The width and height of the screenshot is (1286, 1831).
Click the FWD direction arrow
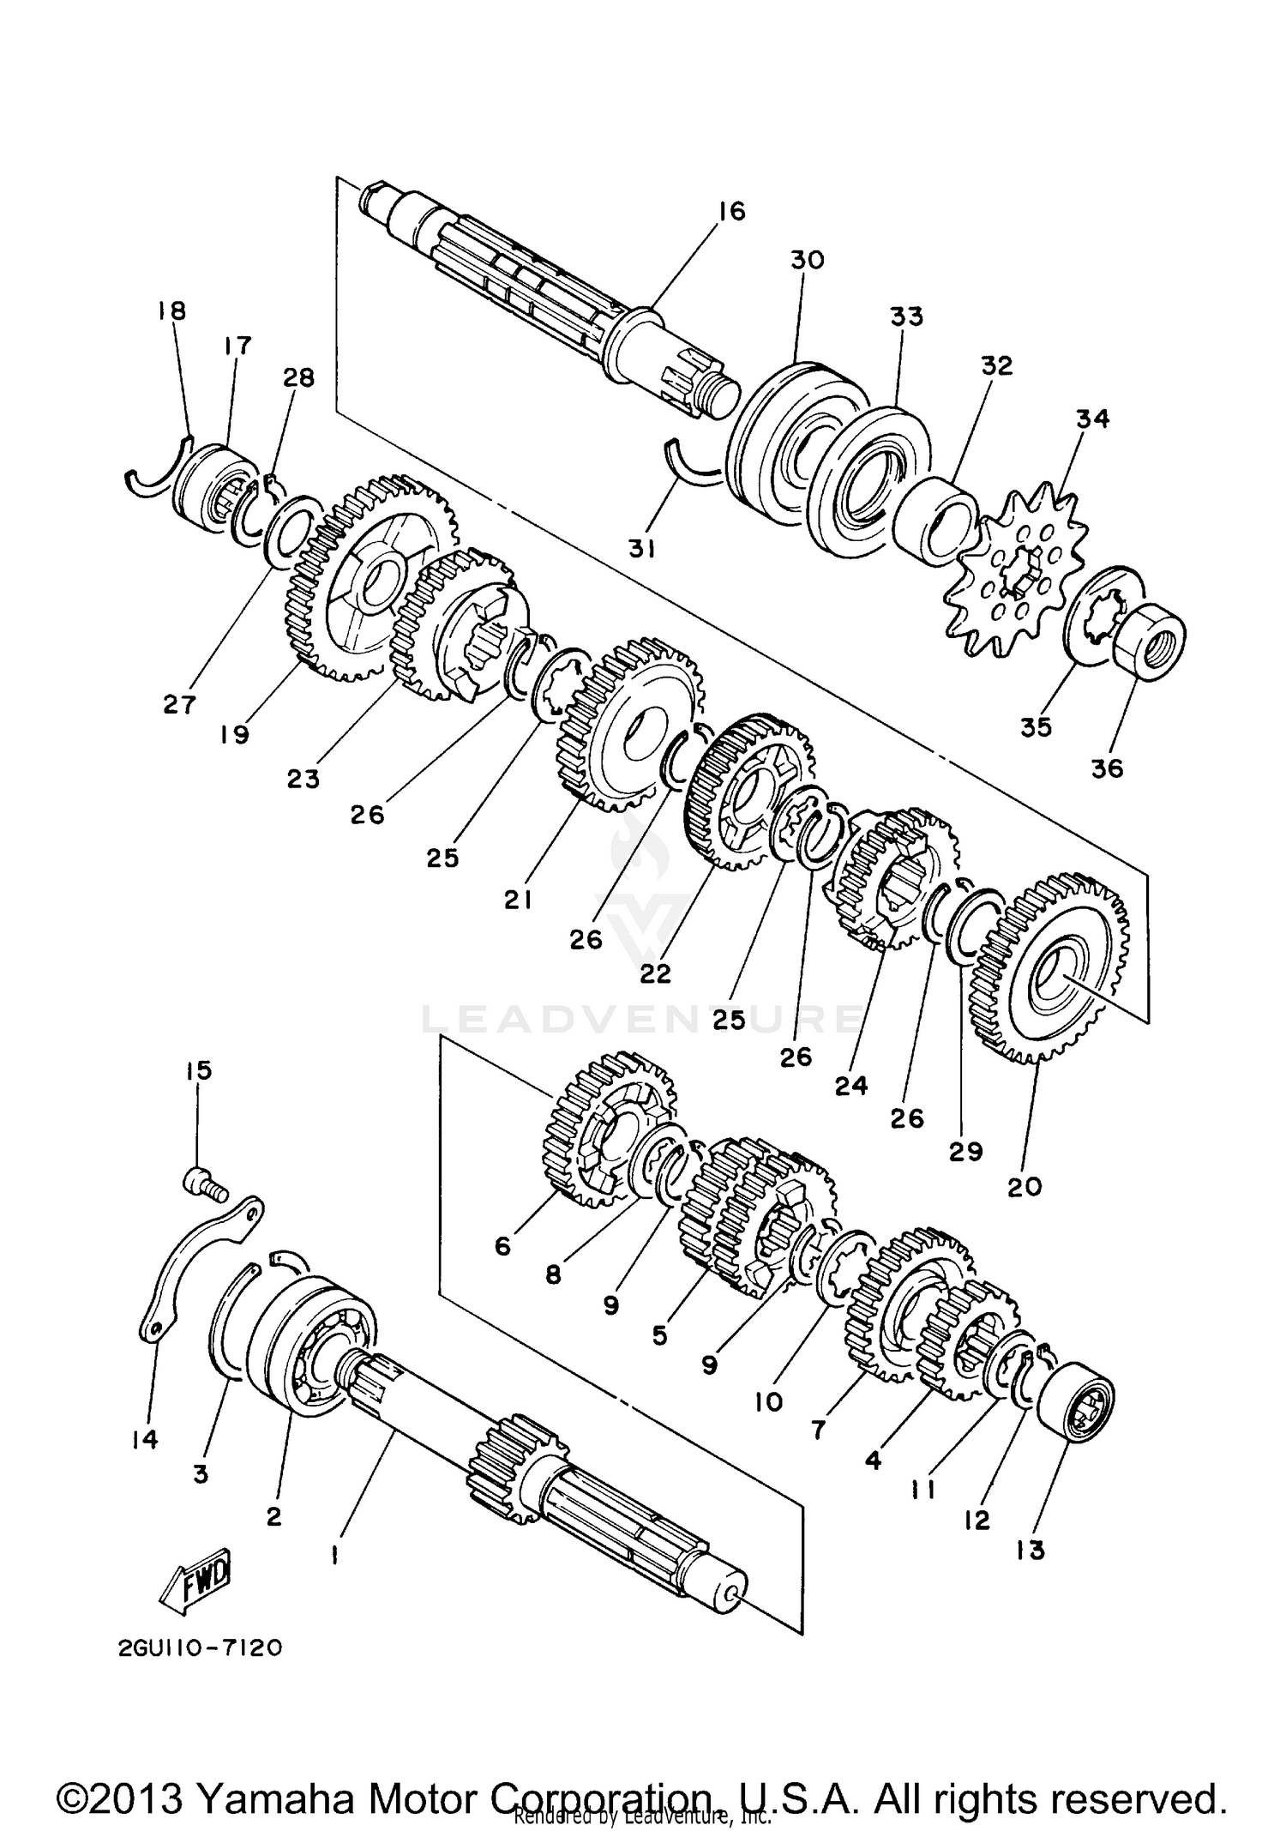point(195,1576)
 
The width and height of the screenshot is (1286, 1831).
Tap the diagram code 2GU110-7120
point(195,1648)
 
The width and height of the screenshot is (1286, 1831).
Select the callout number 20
point(1025,1187)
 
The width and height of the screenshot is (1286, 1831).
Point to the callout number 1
point(334,1554)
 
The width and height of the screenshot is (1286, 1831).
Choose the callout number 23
point(303,779)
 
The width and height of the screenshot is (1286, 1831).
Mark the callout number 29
point(965,1152)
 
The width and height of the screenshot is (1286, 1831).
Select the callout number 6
point(502,1244)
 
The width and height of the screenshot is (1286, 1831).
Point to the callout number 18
point(172,310)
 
